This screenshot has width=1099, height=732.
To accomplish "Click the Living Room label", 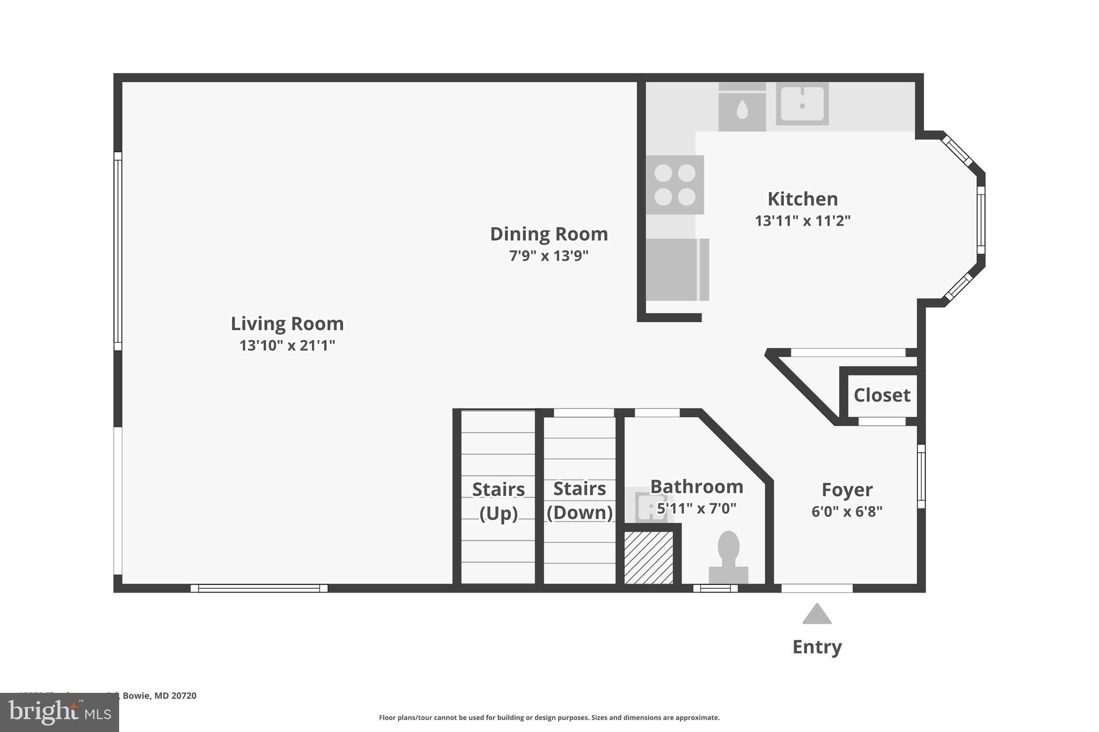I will pos(287,324).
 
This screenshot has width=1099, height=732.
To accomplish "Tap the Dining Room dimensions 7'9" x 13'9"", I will pos(548,256).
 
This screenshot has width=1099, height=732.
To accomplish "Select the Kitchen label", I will pos(802,199).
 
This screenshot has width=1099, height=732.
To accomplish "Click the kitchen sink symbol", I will pos(802,104).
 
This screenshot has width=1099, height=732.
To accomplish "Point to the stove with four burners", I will pos(675,185).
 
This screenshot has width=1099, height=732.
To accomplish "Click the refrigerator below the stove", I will pos(677,270).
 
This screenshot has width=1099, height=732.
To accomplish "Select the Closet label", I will pos(882,395).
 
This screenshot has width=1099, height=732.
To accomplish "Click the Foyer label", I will pos(847,490).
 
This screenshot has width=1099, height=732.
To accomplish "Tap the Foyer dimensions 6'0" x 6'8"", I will pos(847,512).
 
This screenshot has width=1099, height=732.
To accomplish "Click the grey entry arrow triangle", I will pos(817,615).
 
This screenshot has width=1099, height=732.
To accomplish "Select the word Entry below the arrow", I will pos(817,647).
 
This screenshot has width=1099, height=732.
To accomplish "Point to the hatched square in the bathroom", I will pos(648,558).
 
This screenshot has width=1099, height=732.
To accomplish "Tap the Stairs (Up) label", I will pos(499,501).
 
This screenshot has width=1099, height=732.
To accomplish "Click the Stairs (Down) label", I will pos(580,500).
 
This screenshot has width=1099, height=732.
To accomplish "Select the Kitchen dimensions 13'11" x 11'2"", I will pos(802,221).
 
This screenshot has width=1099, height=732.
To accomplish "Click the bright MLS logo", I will pos(60,712).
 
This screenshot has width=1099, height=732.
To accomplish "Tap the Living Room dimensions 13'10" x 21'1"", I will pos(287,345).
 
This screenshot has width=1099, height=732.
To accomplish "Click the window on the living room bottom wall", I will pos(259,588).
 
